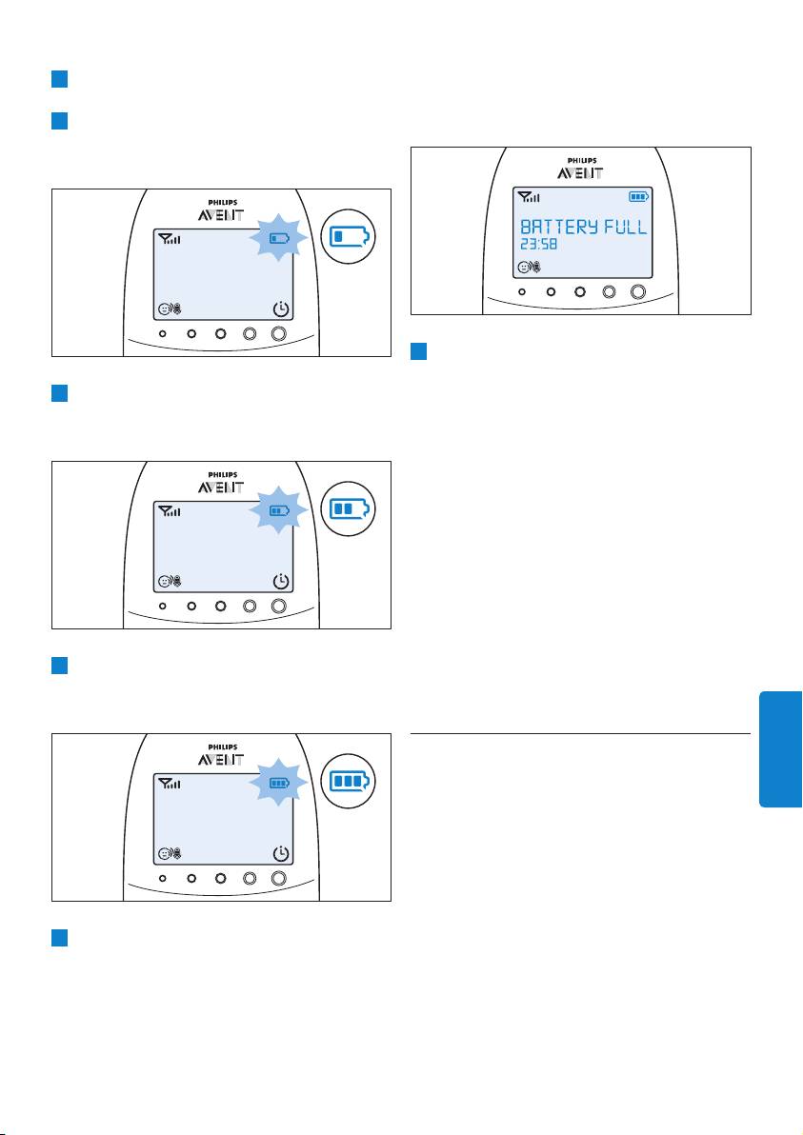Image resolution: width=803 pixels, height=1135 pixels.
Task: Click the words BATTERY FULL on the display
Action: [x=583, y=227]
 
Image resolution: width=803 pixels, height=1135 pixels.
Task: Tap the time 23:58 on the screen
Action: [x=539, y=245]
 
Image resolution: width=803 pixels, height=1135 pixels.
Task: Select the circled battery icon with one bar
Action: [x=349, y=237]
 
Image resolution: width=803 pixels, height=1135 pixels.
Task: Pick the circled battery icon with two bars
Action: [x=349, y=508]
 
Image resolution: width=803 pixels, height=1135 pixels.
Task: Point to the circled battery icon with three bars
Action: [x=349, y=781]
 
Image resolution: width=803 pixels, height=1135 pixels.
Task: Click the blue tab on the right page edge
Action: [x=780, y=749]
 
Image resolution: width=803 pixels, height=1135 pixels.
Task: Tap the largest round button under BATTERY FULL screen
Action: [x=638, y=291]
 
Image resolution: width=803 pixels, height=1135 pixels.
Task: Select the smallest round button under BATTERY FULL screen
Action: [x=522, y=291]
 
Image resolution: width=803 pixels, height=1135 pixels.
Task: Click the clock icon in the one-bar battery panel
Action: [x=281, y=309]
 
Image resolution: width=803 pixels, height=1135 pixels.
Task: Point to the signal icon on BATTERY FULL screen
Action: [x=529, y=196]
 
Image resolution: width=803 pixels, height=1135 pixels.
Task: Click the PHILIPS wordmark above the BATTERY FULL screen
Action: [x=581, y=161]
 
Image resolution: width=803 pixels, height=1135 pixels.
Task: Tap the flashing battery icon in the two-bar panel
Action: [x=279, y=510]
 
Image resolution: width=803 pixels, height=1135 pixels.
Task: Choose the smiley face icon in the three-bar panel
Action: [x=165, y=854]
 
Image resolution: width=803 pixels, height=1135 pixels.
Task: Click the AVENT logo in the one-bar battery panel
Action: [x=221, y=215]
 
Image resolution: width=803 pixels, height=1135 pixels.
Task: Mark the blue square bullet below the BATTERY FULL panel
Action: [x=418, y=351]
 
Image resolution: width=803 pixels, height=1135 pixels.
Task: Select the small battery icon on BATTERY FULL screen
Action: [x=638, y=196]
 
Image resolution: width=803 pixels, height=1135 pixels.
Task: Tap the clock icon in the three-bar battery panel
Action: [x=281, y=854]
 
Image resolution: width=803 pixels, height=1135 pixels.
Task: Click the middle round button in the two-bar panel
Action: [x=221, y=606]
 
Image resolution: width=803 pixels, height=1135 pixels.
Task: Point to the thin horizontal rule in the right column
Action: [x=580, y=733]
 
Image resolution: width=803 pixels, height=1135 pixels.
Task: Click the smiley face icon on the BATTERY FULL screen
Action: [x=524, y=268]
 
